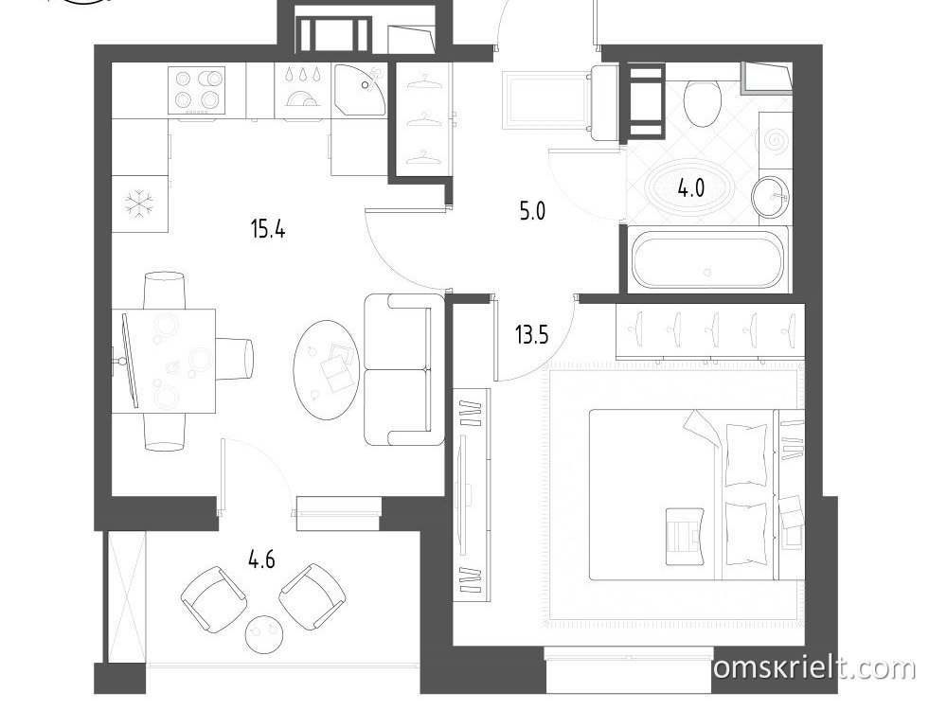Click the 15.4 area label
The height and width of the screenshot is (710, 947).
(268, 229)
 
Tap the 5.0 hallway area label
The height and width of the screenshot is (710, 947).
(532, 211)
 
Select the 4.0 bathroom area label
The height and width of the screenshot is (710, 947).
(691, 188)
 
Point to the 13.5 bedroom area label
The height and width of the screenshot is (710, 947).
(531, 334)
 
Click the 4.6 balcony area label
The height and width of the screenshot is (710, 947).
(261, 559)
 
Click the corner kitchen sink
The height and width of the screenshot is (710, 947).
(360, 89)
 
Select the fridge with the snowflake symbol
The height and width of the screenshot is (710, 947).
(139, 204)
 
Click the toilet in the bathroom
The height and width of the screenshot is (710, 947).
(702, 102)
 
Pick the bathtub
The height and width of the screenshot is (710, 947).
(707, 260)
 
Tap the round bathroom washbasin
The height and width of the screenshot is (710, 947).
(771, 197)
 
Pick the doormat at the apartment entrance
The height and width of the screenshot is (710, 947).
(545, 99)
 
